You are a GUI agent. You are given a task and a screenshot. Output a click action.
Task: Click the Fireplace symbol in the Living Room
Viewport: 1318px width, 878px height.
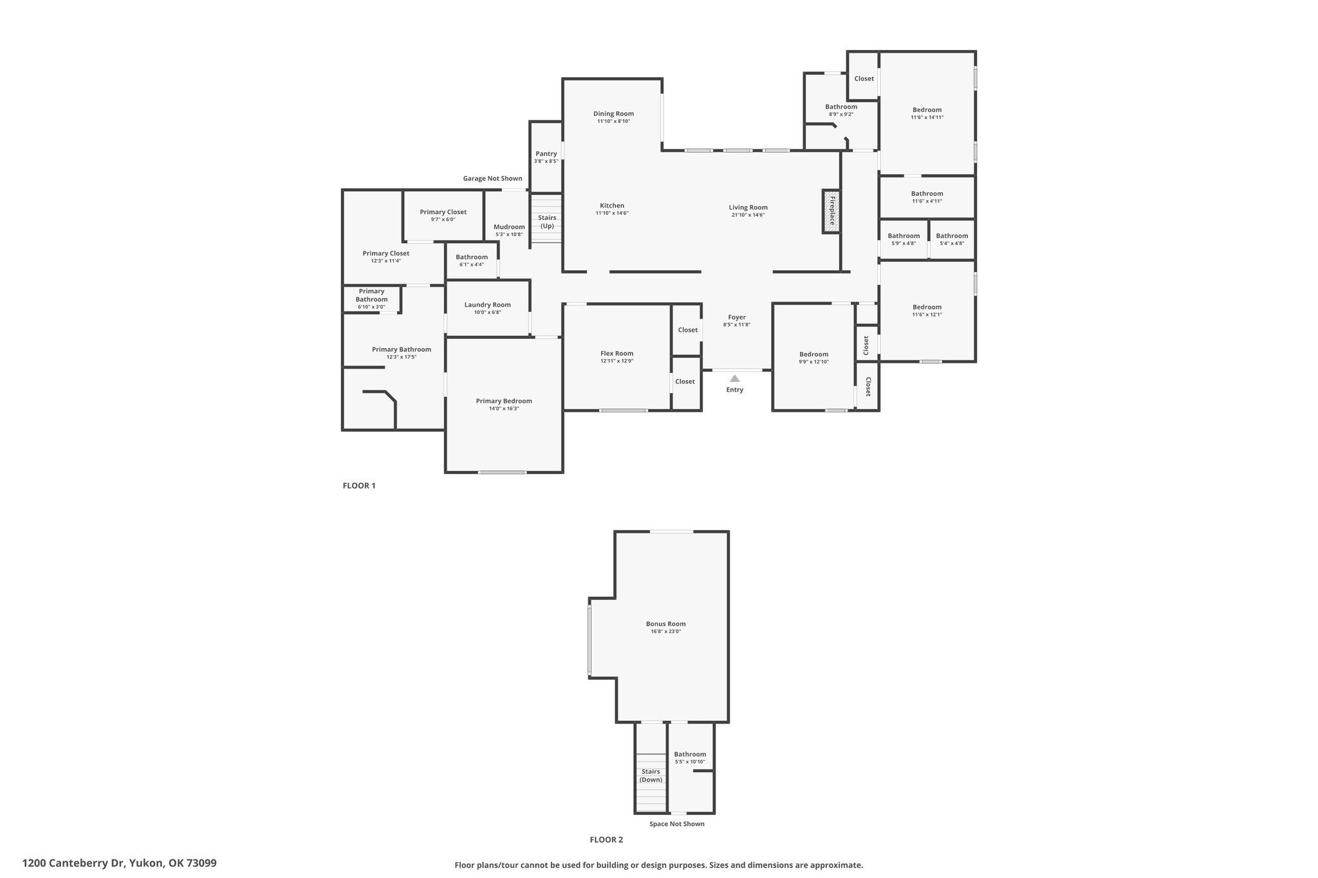[x=831, y=211]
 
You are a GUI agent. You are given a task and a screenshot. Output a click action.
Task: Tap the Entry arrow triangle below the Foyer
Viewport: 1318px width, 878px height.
[x=735, y=378]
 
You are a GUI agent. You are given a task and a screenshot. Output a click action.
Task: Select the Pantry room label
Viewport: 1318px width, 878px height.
[x=546, y=154]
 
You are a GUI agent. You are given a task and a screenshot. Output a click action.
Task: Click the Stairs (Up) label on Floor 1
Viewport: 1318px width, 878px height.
[x=547, y=222]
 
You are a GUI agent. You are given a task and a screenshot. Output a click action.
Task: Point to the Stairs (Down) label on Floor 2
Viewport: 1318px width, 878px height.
[x=651, y=776]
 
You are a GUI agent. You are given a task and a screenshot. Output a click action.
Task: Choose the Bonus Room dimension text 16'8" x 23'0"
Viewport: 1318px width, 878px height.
[x=666, y=632]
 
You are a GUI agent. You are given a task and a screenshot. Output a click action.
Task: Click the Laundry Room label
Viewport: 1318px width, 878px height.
[x=488, y=305]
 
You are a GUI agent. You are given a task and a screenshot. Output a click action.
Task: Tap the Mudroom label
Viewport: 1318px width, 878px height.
[x=509, y=227]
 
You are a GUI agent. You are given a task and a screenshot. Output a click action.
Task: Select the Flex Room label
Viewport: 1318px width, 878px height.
[x=617, y=353]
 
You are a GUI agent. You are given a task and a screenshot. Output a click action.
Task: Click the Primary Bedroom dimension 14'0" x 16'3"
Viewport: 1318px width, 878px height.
[x=504, y=408]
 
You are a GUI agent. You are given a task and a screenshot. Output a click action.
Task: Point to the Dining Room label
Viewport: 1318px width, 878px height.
[x=614, y=114]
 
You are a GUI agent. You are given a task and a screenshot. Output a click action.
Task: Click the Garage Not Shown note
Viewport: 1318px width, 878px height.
[x=493, y=178]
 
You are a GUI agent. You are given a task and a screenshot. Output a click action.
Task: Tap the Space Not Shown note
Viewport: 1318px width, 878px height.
[x=677, y=824]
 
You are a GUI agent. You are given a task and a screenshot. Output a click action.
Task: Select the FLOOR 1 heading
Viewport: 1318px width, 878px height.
[x=359, y=486]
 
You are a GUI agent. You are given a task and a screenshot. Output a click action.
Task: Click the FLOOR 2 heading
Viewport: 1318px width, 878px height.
[x=607, y=839]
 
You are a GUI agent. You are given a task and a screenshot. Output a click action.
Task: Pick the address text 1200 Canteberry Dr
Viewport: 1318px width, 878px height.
[x=73, y=863]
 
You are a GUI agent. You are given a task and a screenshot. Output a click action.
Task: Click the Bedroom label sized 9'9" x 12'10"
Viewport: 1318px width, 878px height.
[x=814, y=354]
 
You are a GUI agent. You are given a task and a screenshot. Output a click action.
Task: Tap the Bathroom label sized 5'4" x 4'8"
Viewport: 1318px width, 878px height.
[x=952, y=236]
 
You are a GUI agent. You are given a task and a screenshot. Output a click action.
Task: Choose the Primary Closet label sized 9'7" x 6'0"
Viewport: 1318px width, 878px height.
[x=443, y=212]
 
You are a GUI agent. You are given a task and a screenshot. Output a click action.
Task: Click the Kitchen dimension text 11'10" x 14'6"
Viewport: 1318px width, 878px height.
[x=612, y=214]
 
